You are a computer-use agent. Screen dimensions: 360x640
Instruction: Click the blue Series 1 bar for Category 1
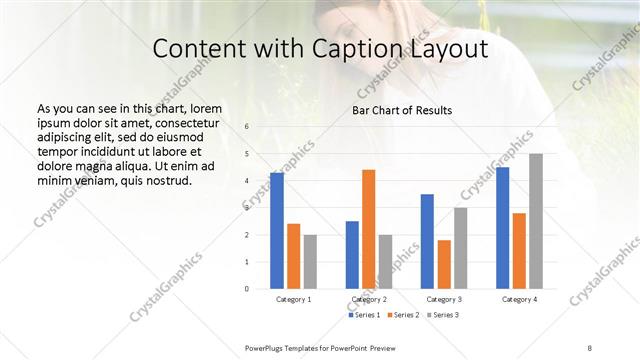click(x=277, y=231)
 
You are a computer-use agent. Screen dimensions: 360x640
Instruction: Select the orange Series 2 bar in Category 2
click(x=368, y=229)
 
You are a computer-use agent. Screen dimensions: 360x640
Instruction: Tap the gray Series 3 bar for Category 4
click(x=536, y=221)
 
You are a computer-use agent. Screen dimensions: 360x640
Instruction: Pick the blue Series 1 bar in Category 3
click(x=427, y=241)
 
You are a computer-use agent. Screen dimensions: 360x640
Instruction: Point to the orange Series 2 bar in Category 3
click(x=444, y=264)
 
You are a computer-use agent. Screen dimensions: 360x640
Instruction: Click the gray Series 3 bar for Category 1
click(x=310, y=261)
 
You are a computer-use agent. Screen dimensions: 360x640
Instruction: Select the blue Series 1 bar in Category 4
click(x=503, y=228)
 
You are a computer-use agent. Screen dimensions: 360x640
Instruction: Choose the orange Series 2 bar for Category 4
click(x=519, y=250)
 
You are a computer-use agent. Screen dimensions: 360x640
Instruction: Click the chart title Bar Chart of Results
click(x=401, y=110)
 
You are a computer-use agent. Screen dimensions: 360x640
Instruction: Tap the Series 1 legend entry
click(x=364, y=315)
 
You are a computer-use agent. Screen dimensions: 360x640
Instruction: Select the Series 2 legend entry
click(x=403, y=315)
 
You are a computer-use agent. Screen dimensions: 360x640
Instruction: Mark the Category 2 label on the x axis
click(x=369, y=299)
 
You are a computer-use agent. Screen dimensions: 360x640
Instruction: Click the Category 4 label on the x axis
click(x=519, y=299)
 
